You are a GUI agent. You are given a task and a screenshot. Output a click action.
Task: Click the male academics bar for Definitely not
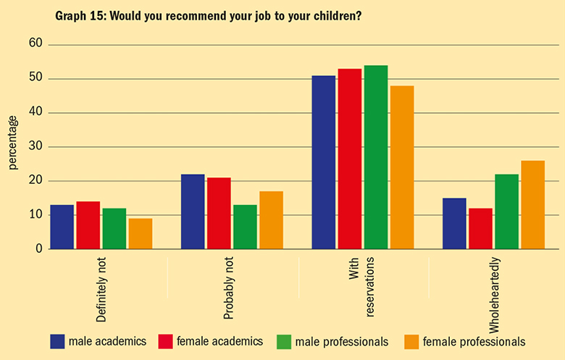[62, 227]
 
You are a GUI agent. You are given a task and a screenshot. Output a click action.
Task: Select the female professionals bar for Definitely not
[140, 234]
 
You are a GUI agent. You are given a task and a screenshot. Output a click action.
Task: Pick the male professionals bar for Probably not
[245, 227]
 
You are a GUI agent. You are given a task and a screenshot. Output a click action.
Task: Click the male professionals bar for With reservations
[376, 157]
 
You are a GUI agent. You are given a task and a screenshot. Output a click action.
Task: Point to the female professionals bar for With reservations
[402, 167]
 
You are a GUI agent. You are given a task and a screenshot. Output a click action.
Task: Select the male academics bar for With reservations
[323, 162]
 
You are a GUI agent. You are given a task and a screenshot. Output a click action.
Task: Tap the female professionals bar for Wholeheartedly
[532, 205]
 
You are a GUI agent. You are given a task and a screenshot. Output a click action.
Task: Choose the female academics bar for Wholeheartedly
[480, 229]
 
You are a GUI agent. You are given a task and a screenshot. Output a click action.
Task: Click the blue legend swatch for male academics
[58, 340]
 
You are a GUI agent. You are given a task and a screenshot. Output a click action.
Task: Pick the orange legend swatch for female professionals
[410, 340]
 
